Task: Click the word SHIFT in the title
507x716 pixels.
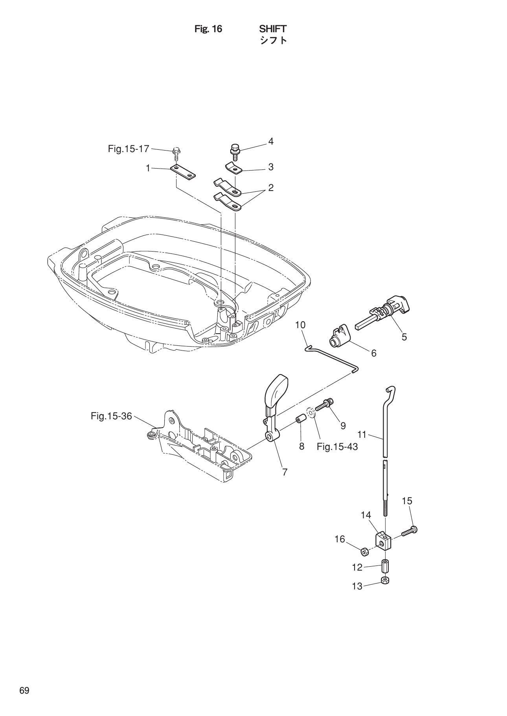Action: pos(273,29)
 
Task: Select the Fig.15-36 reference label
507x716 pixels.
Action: pos(111,416)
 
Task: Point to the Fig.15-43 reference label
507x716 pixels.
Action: pos(337,446)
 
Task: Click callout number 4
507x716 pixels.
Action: pos(271,141)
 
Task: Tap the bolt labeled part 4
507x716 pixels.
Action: pos(235,152)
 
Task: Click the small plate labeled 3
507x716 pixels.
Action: pos(233,168)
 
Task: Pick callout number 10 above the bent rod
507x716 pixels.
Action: pos(300,325)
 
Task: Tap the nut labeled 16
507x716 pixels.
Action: pos(364,552)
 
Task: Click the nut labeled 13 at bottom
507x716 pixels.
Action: pos(385,581)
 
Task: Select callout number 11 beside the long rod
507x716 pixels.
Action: pos(362,434)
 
